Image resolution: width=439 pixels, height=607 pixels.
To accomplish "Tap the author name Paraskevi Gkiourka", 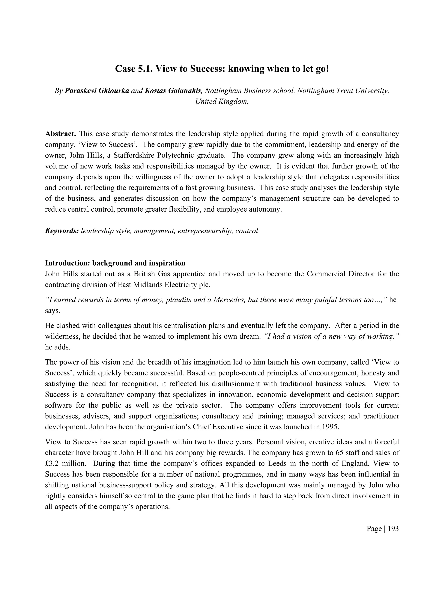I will (x=97, y=91).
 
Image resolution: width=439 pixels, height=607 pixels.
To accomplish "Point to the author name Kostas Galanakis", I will (x=173, y=91).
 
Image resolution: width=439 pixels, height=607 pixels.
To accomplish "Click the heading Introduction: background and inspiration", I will (x=115, y=263).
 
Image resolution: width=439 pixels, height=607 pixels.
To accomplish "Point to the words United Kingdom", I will (x=222, y=102).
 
